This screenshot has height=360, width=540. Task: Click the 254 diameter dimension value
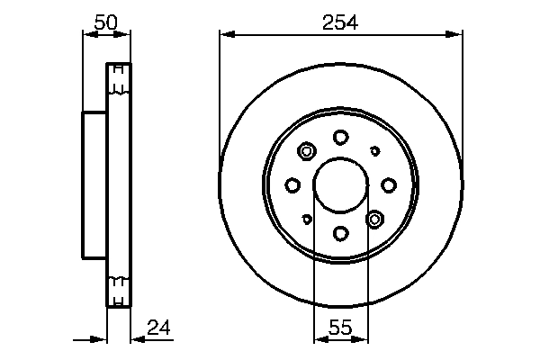(340, 23)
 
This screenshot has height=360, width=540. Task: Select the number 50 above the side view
(105, 23)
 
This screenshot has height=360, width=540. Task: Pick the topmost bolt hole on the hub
(340, 137)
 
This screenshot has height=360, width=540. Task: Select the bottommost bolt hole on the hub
(340, 233)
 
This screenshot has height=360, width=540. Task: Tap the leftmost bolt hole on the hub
(292, 184)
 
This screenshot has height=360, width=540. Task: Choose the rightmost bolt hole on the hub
(389, 184)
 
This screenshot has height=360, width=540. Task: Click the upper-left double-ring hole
(306, 151)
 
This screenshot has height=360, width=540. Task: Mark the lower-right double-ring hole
(374, 218)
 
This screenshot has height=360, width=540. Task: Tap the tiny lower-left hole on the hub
(307, 218)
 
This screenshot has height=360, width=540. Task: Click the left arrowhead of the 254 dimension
(226, 35)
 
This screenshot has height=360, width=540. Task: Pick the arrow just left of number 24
(136, 339)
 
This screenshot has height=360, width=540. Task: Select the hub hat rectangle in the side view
(94, 184)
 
